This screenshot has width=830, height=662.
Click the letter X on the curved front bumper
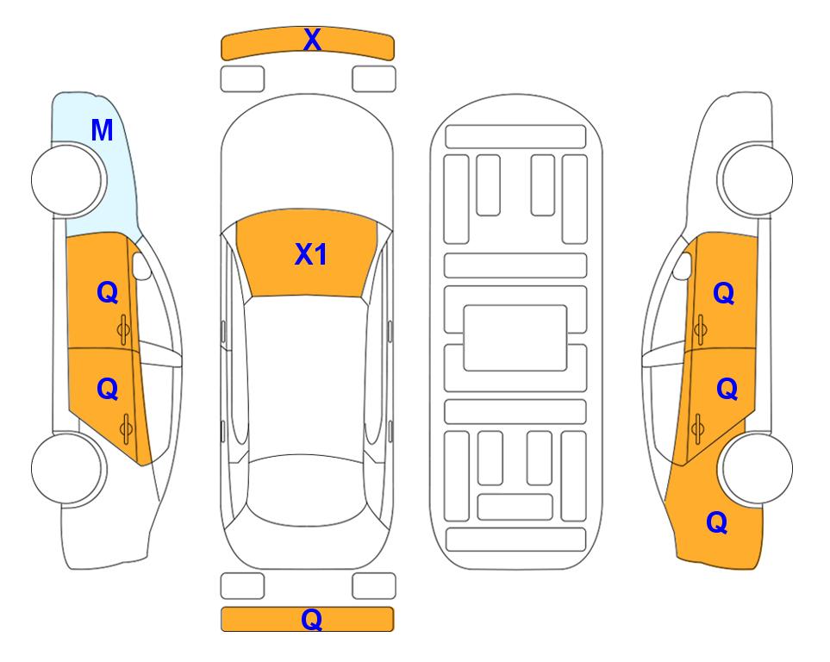312,40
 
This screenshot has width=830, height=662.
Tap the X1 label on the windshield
311,254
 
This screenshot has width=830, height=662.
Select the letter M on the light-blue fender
102,130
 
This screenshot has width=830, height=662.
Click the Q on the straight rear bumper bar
312,619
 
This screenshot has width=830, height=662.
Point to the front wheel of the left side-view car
66,180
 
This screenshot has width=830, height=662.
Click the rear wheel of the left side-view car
66,468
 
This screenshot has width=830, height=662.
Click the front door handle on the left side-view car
124,329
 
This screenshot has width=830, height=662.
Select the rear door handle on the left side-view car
126,429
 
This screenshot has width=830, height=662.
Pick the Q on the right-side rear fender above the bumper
717,522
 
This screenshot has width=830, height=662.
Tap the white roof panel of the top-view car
307,376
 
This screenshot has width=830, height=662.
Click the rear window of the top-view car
307,490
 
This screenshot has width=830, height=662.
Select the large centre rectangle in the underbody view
515,338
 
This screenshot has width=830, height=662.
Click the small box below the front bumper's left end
242,79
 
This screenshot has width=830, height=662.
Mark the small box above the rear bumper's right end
374,586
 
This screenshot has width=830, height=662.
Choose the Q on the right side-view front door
724,293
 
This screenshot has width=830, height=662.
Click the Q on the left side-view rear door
108,390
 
